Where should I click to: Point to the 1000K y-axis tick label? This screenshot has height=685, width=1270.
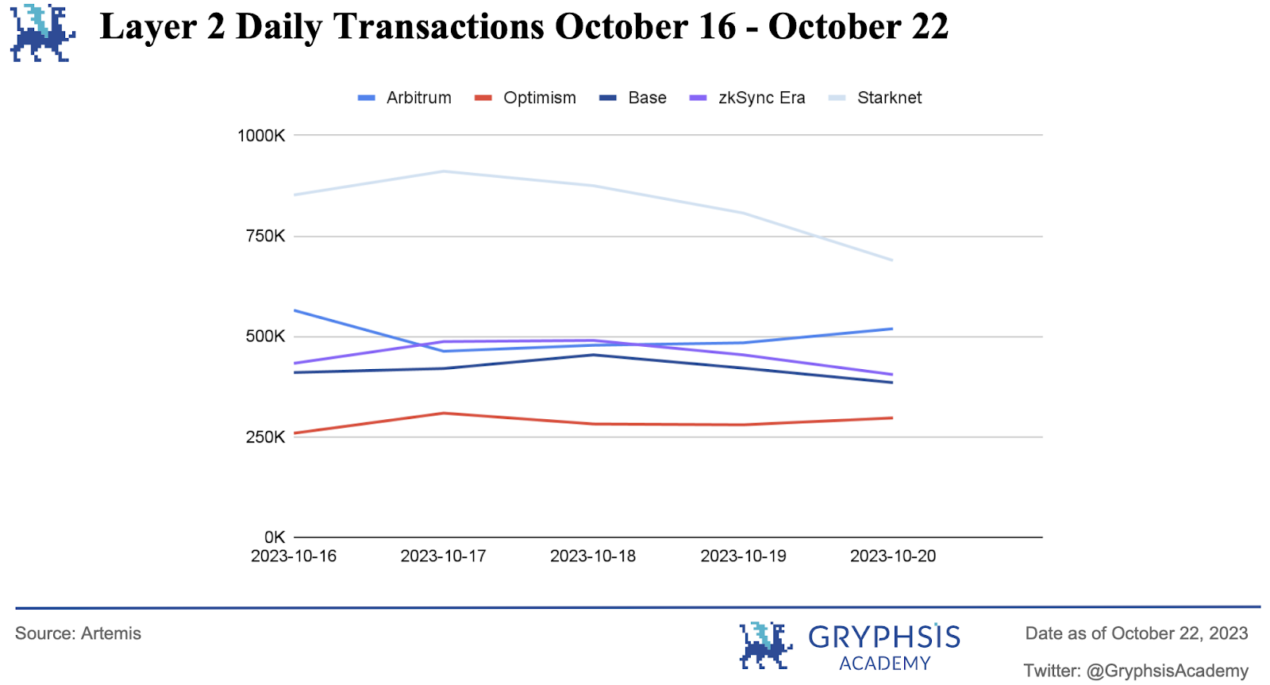(x=261, y=136)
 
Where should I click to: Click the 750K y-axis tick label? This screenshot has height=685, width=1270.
(x=265, y=236)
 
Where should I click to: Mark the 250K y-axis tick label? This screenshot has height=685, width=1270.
(x=265, y=437)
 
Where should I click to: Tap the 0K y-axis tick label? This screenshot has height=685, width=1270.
(x=275, y=537)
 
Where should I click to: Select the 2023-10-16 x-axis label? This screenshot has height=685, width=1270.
(x=294, y=556)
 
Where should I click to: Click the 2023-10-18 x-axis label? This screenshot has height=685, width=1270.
(x=593, y=556)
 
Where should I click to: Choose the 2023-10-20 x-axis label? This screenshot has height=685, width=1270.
(x=893, y=556)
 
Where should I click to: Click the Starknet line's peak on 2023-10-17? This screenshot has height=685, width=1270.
(x=444, y=171)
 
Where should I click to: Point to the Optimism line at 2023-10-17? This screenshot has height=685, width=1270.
(x=444, y=413)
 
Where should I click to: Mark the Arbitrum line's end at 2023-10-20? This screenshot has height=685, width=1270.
(x=892, y=329)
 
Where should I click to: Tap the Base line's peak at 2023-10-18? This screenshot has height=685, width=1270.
(x=593, y=355)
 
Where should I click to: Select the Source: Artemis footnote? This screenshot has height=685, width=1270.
(x=78, y=633)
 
